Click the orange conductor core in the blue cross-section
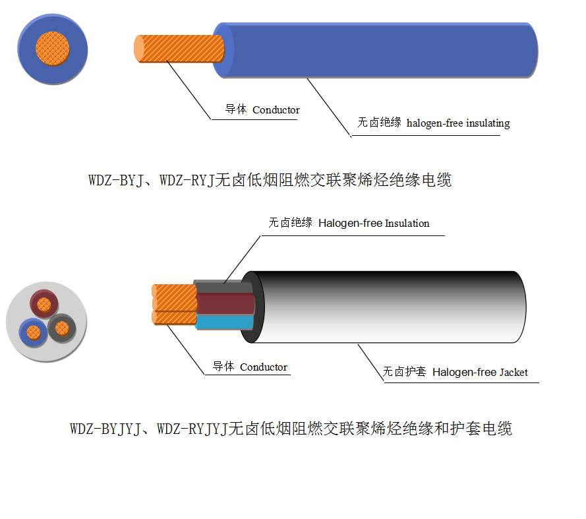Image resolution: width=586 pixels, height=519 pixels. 53,49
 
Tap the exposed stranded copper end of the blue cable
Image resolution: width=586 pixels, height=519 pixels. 179,49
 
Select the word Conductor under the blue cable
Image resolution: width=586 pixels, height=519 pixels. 276,110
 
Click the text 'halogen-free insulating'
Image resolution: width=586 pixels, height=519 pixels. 458,123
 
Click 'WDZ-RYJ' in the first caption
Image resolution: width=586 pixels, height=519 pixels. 187,180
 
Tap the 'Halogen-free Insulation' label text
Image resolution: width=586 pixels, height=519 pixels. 374,224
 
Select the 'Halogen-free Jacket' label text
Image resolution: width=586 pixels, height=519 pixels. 480,373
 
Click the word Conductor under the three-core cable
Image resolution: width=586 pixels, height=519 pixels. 264,367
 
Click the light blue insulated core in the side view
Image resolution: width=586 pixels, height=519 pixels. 224,322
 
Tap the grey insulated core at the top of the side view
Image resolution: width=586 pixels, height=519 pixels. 223,286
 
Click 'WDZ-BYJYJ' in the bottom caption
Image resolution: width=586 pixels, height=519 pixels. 105,429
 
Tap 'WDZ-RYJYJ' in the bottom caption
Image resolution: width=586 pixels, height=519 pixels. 192,429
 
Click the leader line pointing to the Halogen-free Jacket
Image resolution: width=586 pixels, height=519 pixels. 371,363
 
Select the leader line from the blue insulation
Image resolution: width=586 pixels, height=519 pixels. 329,107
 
